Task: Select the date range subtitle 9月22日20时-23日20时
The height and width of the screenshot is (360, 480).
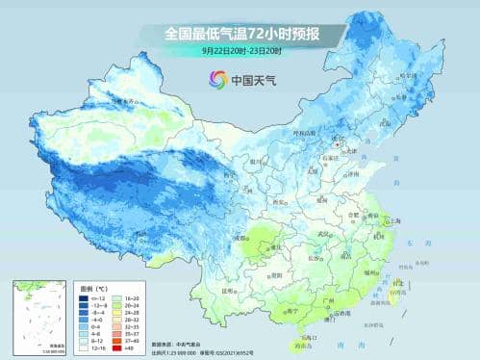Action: pos(240,50)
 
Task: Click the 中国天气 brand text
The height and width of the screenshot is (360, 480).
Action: pos(252,80)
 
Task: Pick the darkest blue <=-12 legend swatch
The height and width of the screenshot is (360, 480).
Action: pos(86,298)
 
